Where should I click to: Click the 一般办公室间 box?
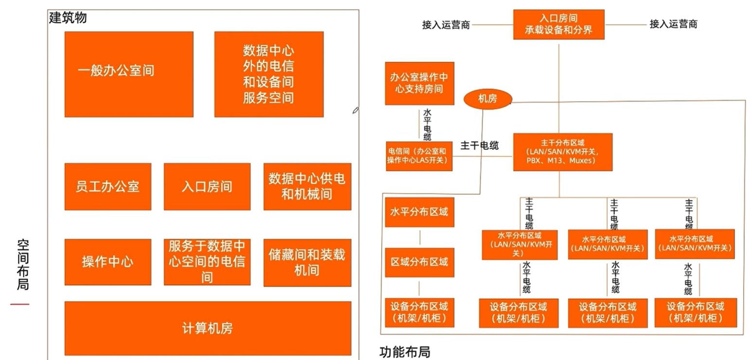click(129, 74)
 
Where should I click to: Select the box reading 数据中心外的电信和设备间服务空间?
click(268, 74)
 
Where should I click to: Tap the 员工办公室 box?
click(107, 187)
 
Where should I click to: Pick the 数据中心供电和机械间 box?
click(307, 187)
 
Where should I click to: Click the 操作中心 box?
click(107, 262)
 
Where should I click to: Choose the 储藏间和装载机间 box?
click(307, 262)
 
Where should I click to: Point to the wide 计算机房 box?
click(208, 328)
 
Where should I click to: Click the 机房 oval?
click(488, 99)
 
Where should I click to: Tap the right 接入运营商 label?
click(673, 24)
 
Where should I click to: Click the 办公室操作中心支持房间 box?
click(419, 83)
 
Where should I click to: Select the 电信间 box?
click(419, 156)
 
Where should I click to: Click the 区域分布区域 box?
click(419, 262)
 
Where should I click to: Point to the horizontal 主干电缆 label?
click(479, 145)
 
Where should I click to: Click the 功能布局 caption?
click(404, 352)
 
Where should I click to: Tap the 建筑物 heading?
click(68, 18)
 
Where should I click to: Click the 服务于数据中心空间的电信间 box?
click(207, 262)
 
